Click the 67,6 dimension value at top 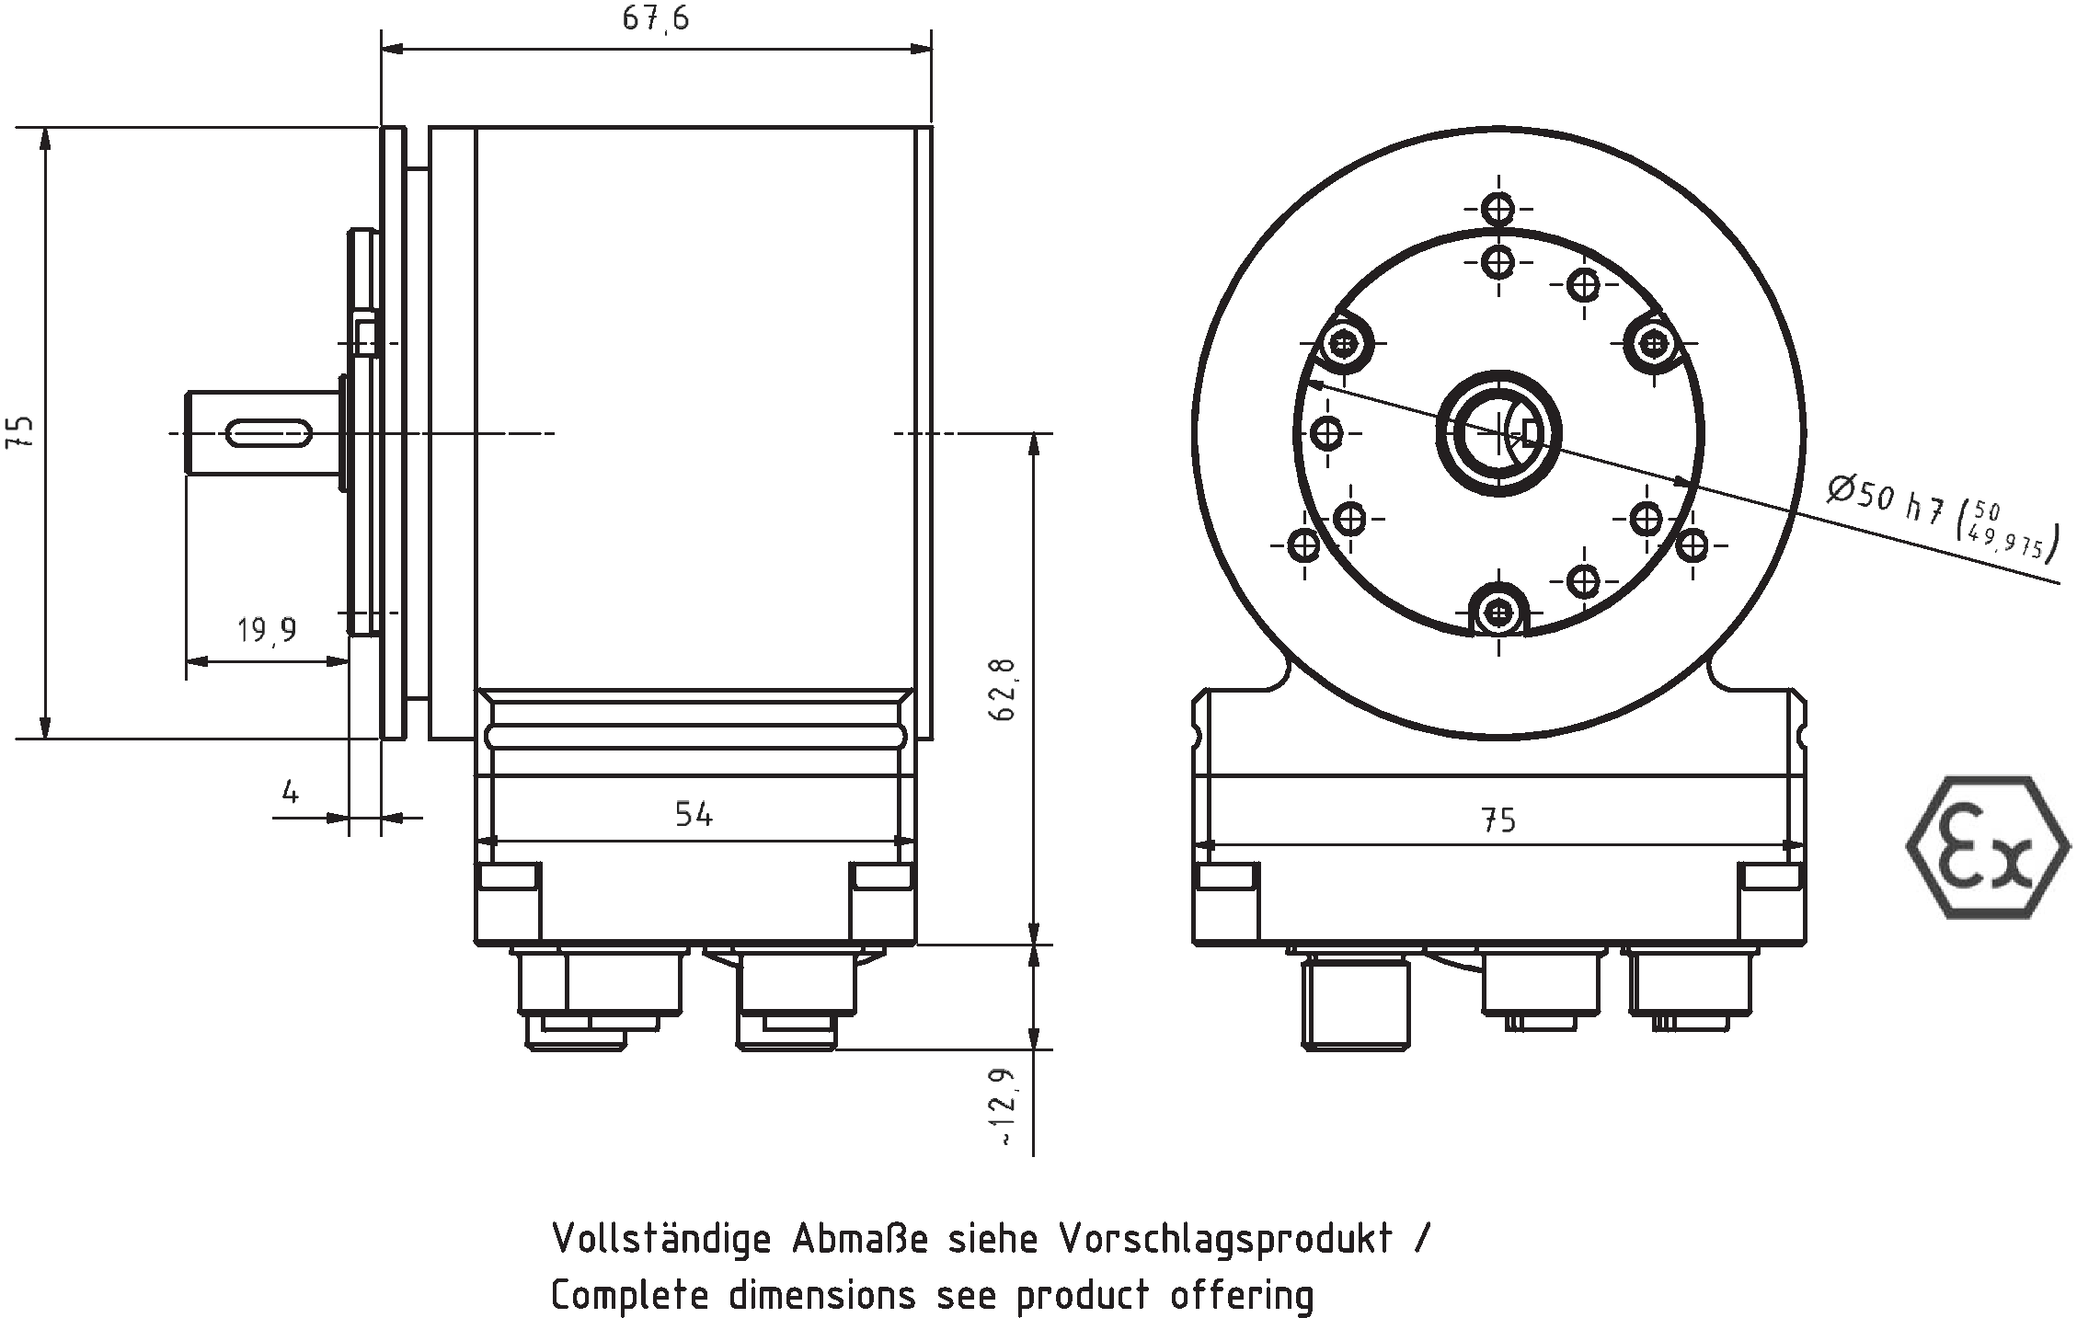[655, 18]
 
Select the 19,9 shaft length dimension [267, 631]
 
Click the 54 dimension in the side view [694, 814]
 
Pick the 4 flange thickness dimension [291, 792]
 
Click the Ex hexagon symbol [1988, 846]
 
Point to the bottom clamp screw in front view [1499, 611]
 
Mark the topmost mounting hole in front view [1499, 210]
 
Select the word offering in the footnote [1241, 1295]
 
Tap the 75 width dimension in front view [1498, 819]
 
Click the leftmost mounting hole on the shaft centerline [1327, 432]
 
